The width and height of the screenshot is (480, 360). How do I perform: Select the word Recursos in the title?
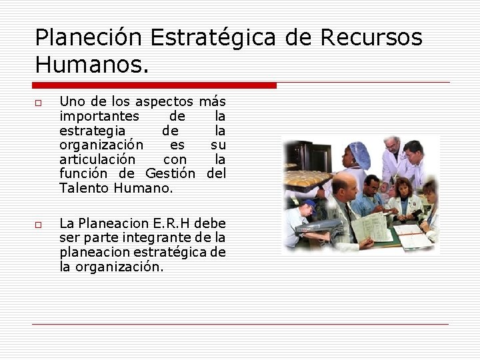372,38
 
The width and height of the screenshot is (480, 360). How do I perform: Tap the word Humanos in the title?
89,65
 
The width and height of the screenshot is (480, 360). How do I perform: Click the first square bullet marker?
39,103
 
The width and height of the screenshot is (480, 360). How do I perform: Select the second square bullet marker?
39,225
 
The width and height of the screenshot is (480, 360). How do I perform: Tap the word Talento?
83,189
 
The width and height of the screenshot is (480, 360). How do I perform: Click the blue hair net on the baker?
359,155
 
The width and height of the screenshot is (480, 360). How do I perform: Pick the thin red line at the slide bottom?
240,325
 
